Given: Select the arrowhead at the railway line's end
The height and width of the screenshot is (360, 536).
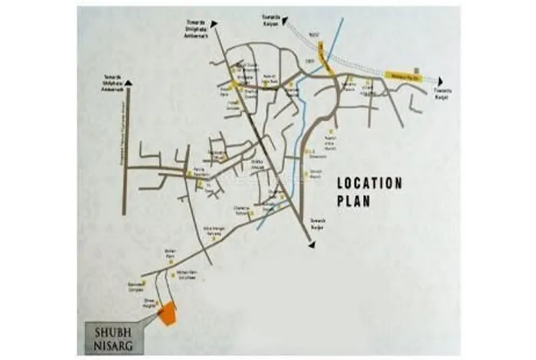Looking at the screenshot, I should coord(440,80).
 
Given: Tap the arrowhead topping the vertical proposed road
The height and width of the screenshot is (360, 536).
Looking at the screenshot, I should coord(130,81).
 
